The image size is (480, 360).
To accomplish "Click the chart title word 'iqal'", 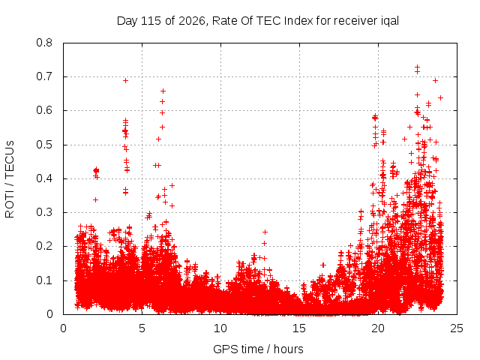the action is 390,21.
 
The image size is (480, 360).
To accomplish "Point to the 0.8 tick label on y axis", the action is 44,43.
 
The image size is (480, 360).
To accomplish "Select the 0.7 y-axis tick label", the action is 44,76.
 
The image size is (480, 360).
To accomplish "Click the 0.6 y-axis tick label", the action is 44,110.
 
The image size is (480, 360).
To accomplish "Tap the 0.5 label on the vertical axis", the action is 44,145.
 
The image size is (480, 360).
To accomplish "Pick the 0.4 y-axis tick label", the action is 44,178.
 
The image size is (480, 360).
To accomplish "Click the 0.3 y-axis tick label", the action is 44,212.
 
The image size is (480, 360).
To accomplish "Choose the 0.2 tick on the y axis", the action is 44,246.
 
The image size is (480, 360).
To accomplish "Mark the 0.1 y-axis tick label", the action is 44,280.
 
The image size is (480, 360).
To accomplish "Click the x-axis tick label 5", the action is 142,328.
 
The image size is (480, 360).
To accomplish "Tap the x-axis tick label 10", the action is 220,328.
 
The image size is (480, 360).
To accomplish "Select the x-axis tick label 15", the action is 299,328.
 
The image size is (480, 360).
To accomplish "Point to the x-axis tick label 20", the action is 378,328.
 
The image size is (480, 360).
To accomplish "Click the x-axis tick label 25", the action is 457,328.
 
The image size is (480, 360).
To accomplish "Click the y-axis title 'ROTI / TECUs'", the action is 10,179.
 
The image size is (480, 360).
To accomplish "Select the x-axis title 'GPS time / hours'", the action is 258,349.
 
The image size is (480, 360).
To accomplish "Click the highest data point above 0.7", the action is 417,67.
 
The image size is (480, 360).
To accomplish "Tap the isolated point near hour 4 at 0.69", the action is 125,80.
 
